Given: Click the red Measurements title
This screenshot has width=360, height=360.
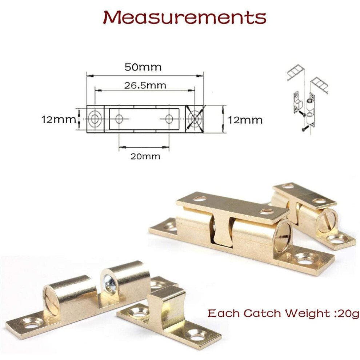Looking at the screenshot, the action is [x=185, y=17].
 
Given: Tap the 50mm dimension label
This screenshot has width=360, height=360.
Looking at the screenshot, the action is [x=143, y=67].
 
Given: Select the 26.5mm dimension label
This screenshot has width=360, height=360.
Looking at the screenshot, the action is [x=145, y=85].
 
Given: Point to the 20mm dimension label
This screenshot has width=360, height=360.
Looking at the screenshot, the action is [x=145, y=156].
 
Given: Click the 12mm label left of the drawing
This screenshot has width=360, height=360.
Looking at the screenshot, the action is [x=59, y=119].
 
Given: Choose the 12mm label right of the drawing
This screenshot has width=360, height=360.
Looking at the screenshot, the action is [x=245, y=120].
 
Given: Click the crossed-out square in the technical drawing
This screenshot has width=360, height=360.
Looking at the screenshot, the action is [x=195, y=119].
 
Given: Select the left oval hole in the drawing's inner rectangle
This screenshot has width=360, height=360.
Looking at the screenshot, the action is [x=119, y=119].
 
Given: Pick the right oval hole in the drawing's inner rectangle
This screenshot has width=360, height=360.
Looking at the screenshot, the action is [x=169, y=119].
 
